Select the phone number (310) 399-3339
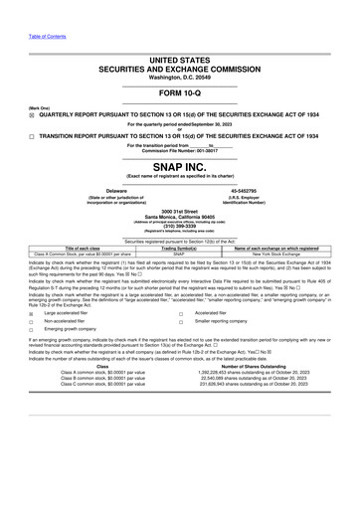(179, 225)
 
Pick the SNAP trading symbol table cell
(179, 254)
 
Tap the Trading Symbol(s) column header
(179, 248)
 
